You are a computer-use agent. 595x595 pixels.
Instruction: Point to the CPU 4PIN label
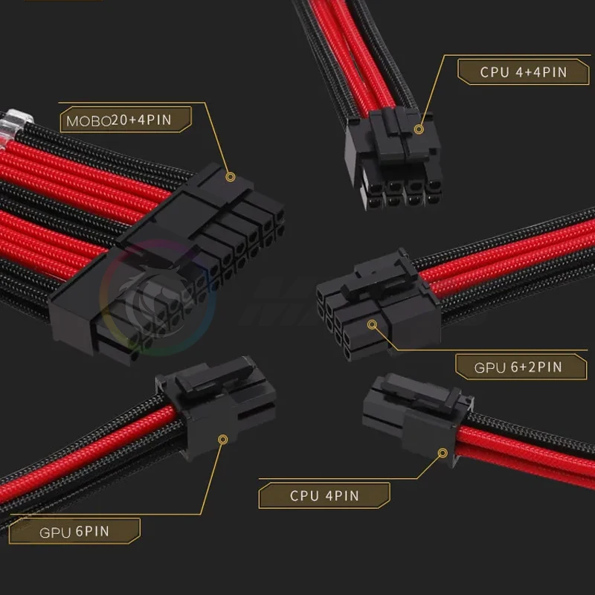(x=324, y=495)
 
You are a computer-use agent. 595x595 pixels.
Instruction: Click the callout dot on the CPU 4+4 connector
(x=419, y=129)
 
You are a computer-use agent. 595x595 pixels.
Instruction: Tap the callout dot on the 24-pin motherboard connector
(x=230, y=178)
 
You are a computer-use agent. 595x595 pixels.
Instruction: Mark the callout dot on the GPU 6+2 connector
(x=373, y=324)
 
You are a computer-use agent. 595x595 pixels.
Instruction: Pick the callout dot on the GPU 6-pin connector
(x=221, y=440)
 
